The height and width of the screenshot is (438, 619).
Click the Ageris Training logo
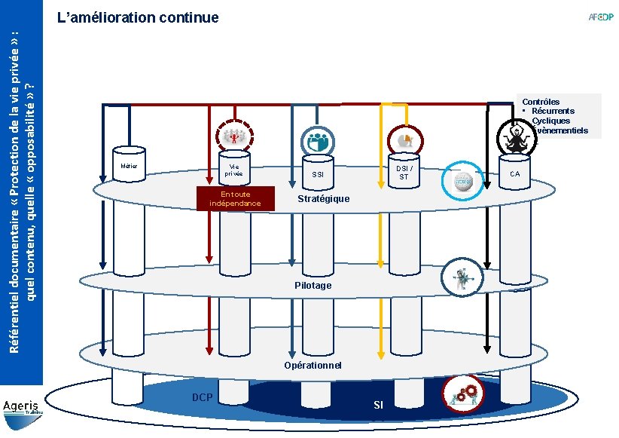pyautogui.click(x=23, y=409)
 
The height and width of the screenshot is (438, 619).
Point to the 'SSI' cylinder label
pyautogui.click(x=318, y=176)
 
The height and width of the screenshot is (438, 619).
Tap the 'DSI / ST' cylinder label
pyautogui.click(x=404, y=173)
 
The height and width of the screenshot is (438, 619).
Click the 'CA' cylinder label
pyautogui.click(x=515, y=175)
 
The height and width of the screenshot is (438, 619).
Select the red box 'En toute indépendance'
pyautogui.click(x=236, y=199)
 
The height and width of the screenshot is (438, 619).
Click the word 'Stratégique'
pyautogui.click(x=324, y=198)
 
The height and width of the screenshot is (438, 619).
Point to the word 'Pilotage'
pyautogui.click(x=313, y=286)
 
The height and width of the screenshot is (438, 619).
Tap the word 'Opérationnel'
pyautogui.click(x=313, y=365)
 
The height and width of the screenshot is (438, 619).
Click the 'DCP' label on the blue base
pyautogui.click(x=203, y=397)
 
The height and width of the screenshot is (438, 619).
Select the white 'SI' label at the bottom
pyautogui.click(x=378, y=406)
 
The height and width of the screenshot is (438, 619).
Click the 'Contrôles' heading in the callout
pyautogui.click(x=541, y=102)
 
